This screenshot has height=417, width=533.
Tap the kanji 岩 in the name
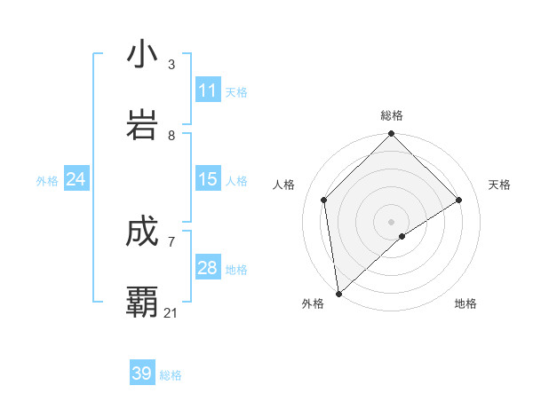(142, 124)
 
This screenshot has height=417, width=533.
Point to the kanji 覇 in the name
(142, 303)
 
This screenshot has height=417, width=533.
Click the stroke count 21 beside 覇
(171, 312)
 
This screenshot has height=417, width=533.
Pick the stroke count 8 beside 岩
(171, 135)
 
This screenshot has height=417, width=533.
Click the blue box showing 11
(208, 90)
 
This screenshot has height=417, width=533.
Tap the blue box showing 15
(208, 179)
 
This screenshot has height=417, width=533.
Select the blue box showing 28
(208, 268)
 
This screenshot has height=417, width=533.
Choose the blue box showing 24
(76, 179)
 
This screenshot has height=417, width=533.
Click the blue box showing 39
(142, 374)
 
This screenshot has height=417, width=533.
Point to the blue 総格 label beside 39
(171, 375)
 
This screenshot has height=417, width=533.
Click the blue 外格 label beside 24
(47, 181)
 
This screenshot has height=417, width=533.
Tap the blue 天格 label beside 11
(237, 92)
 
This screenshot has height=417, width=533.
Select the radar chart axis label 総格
(392, 115)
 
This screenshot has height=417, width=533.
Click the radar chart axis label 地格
(465, 303)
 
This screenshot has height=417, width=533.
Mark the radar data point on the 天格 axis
(459, 200)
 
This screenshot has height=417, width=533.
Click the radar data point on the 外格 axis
(338, 294)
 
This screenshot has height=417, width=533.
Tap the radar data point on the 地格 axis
(402, 236)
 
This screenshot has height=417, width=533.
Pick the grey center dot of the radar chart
(392, 221)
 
